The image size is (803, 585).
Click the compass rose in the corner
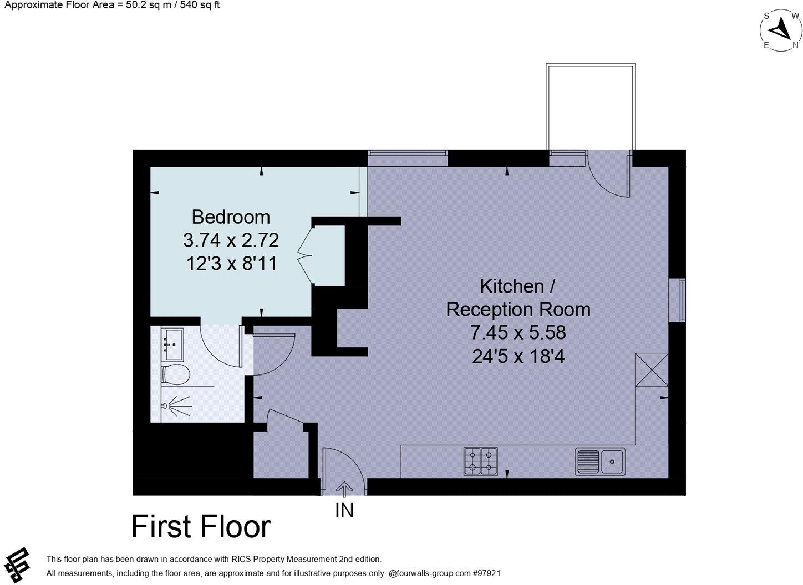[x=781, y=31]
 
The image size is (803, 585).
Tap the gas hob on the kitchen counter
[x=480, y=461]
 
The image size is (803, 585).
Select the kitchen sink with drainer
[x=600, y=461]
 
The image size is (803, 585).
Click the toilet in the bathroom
[x=175, y=374]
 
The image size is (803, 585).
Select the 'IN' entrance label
[x=344, y=510]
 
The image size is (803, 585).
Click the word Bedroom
[x=231, y=217]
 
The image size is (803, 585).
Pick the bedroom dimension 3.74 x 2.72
[x=231, y=240]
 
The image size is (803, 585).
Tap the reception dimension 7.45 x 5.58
[x=518, y=332]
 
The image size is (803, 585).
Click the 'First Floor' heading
[x=201, y=526]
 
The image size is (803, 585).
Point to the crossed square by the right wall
[x=652, y=370]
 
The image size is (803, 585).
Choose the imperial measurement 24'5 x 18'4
[x=518, y=356]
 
